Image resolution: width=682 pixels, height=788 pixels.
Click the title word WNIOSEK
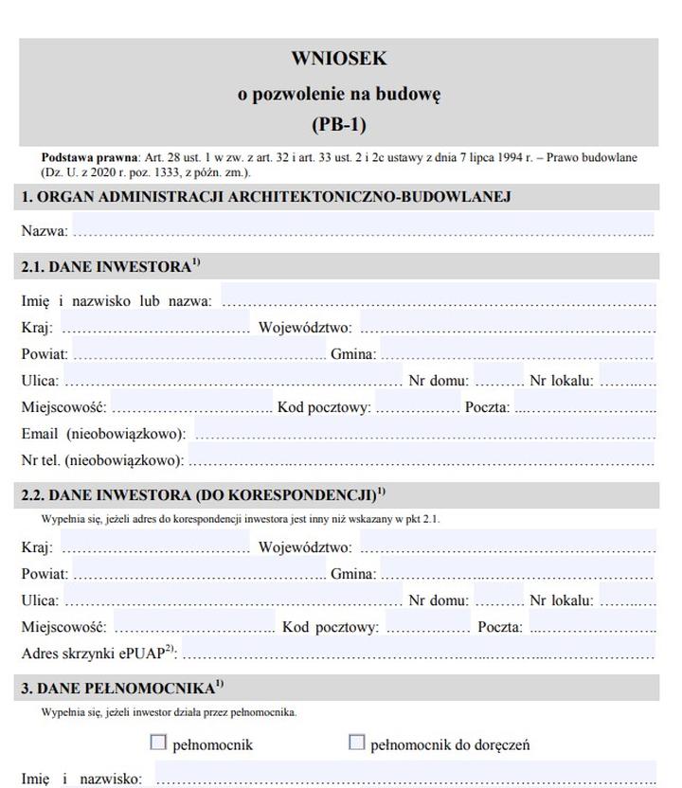(x=338, y=59)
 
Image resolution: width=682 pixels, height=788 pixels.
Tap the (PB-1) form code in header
(x=338, y=124)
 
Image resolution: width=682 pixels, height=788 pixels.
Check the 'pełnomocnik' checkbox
(x=158, y=743)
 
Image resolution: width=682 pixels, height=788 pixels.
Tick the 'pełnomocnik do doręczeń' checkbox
(x=356, y=743)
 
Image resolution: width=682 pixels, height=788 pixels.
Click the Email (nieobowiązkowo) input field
(x=423, y=433)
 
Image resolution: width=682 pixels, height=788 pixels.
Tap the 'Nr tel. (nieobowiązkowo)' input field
(x=422, y=459)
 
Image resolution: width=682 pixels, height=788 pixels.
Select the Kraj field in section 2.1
(x=155, y=327)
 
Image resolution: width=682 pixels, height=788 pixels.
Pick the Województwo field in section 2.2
(x=507, y=546)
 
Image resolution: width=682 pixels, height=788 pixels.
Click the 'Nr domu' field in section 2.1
(x=498, y=380)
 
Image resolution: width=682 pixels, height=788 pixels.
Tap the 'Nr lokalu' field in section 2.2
(x=627, y=599)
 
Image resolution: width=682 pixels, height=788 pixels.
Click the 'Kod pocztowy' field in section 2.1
(x=418, y=406)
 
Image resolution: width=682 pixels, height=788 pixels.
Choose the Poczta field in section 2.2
(x=592, y=625)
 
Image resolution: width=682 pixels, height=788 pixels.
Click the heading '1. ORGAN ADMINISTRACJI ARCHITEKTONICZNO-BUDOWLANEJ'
(x=266, y=197)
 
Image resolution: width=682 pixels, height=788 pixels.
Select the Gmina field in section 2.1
(x=516, y=353)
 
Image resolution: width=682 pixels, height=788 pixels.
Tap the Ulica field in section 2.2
(x=233, y=599)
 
